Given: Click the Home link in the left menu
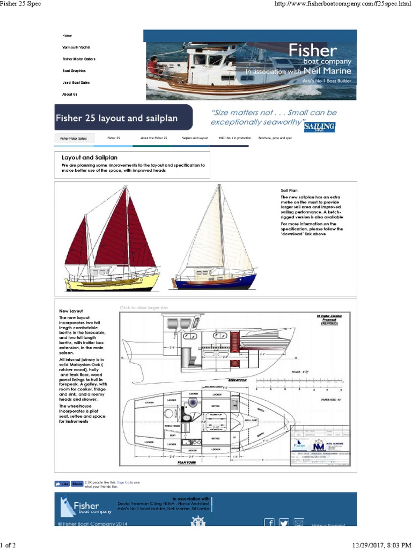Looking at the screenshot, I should click(67, 35).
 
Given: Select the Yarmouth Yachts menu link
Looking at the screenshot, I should click(76, 47).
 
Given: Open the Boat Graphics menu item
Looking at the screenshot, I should click(74, 71).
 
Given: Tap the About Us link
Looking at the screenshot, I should click(70, 94).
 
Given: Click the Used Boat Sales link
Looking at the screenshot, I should click(76, 83).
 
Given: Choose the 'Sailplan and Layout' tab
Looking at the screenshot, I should click(195, 138).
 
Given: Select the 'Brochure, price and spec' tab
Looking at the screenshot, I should click(275, 138).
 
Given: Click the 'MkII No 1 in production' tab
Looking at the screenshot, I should click(233, 138).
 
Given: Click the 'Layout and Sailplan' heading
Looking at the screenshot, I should click(90, 157).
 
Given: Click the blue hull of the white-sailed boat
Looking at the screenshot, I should click(215, 283).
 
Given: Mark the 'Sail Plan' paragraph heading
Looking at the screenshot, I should click(289, 191).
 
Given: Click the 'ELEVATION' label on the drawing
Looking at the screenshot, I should click(236, 380).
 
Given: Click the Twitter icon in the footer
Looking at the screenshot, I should click(284, 523).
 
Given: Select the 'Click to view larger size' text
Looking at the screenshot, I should click(144, 308).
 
